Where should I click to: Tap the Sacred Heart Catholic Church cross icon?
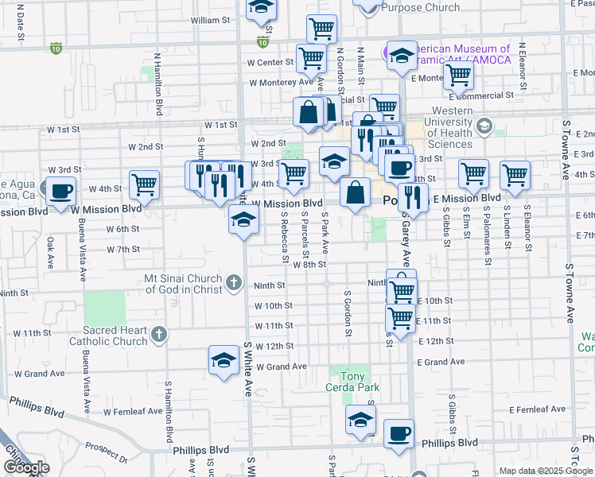pyautogui.click(x=159, y=334)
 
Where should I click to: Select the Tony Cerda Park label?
pyautogui.click(x=358, y=382)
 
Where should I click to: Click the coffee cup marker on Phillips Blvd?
pyautogui.click(x=399, y=434)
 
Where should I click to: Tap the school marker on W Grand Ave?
pyautogui.click(x=224, y=360)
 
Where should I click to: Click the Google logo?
pyautogui.click(x=26, y=467)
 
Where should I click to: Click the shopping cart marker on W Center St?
pyautogui.click(x=311, y=58)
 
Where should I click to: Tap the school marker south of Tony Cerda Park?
pyautogui.click(x=360, y=420)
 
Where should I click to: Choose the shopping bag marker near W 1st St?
pyautogui.click(x=308, y=112)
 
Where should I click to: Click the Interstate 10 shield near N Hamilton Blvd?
pyautogui.click(x=55, y=48)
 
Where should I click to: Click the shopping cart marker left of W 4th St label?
pyautogui.click(x=144, y=185)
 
